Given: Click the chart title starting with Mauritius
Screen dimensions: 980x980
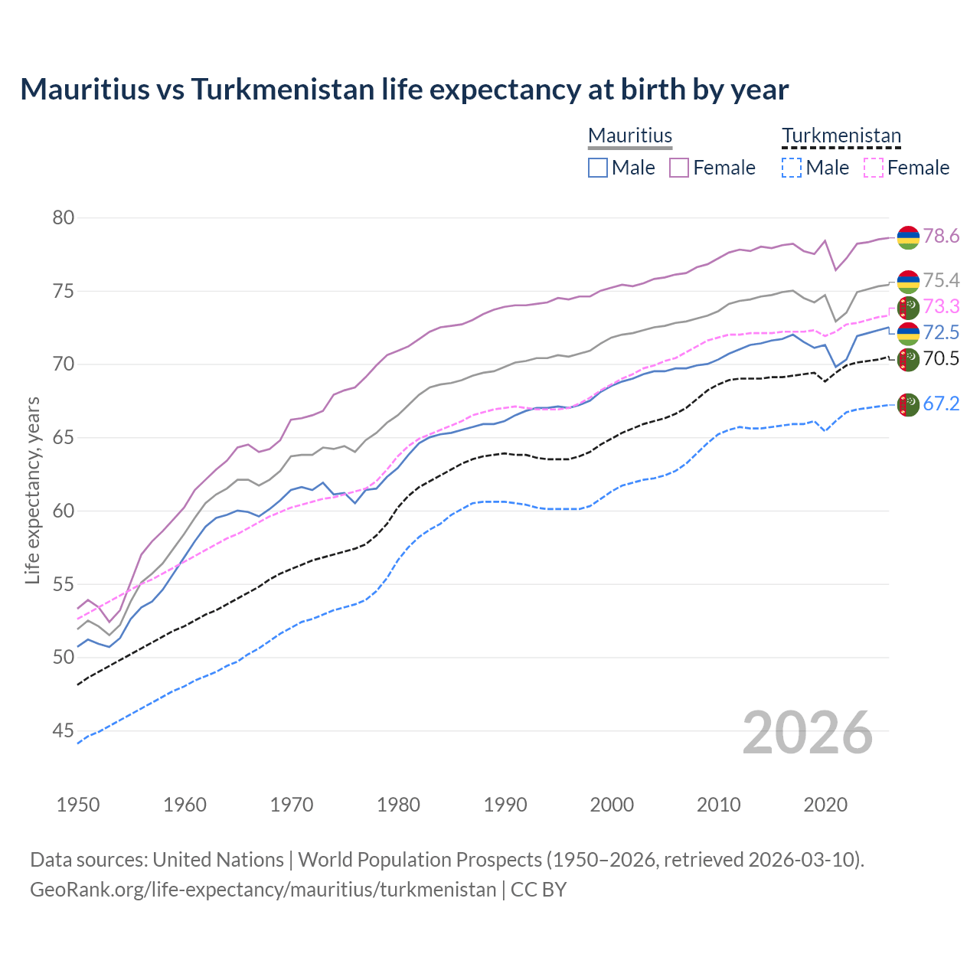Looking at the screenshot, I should point(404,90).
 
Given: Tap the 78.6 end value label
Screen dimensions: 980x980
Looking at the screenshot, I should point(941,237).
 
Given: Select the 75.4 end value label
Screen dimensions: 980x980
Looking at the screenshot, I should point(941,281).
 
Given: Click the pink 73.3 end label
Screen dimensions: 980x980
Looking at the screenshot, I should point(941,307).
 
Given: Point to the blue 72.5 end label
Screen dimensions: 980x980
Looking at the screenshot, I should point(941,333).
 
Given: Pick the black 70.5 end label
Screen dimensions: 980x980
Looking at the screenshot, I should point(941,359).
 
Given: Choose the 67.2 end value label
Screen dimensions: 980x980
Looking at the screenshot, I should point(941,404).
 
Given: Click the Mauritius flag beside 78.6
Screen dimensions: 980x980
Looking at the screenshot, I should point(908,237).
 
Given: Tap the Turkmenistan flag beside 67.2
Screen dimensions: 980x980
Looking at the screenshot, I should point(908,405).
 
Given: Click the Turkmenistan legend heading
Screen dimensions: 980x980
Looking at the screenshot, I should point(841,136).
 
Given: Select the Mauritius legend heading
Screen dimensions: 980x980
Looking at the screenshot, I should point(630,136).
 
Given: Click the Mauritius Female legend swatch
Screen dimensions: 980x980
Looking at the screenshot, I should point(679,168).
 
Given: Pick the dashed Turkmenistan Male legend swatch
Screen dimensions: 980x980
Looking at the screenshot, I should point(792,168).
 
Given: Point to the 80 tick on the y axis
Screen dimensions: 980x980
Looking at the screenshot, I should point(64,218).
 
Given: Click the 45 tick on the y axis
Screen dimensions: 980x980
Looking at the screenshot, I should point(64,731).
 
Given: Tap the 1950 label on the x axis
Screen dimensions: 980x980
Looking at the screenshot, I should point(78,805).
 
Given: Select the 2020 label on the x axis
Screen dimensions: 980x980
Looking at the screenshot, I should point(825,805).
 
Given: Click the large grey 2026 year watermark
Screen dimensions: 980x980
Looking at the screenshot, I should point(807,733).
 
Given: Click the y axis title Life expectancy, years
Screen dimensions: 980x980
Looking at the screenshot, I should point(33,490).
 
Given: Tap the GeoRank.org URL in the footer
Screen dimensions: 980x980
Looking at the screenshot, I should point(263,890).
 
